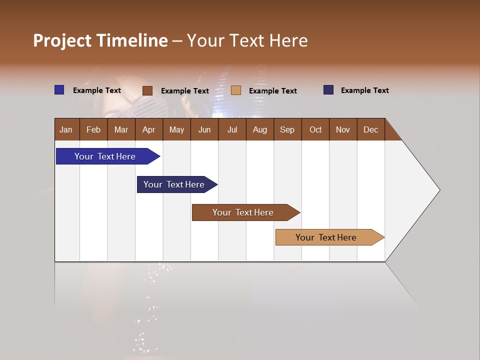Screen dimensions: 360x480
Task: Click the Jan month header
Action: click(66, 129)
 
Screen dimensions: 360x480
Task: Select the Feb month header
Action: click(93, 129)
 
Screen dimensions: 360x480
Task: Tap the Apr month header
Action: click(148, 129)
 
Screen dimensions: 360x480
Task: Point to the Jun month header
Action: click(204, 129)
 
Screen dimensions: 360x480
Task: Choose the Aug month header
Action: click(259, 129)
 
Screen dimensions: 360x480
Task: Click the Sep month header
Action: click(287, 129)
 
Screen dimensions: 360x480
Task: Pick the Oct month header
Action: click(315, 129)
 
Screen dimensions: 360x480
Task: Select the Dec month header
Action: click(370, 129)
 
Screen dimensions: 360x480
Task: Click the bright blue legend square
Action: click(59, 90)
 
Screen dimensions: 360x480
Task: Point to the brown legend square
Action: click(147, 90)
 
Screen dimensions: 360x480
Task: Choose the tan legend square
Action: click(236, 90)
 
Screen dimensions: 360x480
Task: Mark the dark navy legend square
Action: click(328, 90)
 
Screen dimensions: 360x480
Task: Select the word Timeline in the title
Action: click(132, 41)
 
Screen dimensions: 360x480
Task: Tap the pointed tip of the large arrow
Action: click(438, 190)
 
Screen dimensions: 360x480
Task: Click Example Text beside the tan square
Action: click(272, 91)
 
